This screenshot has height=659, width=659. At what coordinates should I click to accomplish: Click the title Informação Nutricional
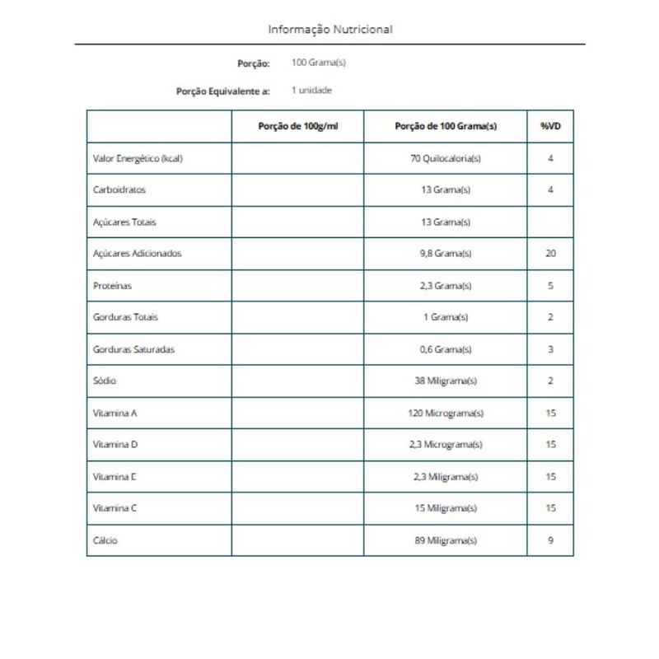[330, 30]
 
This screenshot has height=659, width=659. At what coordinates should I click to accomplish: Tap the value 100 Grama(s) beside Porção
[312, 63]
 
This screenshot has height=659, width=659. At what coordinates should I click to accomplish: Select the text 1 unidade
[311, 90]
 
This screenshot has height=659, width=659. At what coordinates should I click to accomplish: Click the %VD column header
[550, 126]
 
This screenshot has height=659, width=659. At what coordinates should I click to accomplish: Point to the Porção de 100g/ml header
[297, 126]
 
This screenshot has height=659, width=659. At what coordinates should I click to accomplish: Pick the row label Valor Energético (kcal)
[138, 158]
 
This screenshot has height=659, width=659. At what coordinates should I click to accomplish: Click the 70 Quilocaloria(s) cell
[445, 158]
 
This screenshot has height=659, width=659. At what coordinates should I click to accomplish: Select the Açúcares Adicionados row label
[138, 254]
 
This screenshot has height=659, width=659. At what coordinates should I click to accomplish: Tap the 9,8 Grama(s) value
[445, 254]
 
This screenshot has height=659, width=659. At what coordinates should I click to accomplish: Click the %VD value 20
[550, 254]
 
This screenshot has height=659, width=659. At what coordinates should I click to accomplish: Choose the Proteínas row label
[113, 286]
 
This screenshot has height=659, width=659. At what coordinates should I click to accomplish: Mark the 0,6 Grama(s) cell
[445, 349]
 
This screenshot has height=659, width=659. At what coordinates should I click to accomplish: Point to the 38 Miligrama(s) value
[445, 381]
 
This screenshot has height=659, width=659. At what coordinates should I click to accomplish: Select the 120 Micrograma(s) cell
[445, 413]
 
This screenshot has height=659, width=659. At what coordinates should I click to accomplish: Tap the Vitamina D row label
[115, 445]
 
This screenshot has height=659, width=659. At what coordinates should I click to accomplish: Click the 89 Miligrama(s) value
[445, 540]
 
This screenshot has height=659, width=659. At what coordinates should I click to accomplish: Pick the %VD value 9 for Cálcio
[550, 540]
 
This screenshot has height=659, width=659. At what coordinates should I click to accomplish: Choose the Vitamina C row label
[115, 508]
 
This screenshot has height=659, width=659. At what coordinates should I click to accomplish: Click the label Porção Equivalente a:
[223, 91]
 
